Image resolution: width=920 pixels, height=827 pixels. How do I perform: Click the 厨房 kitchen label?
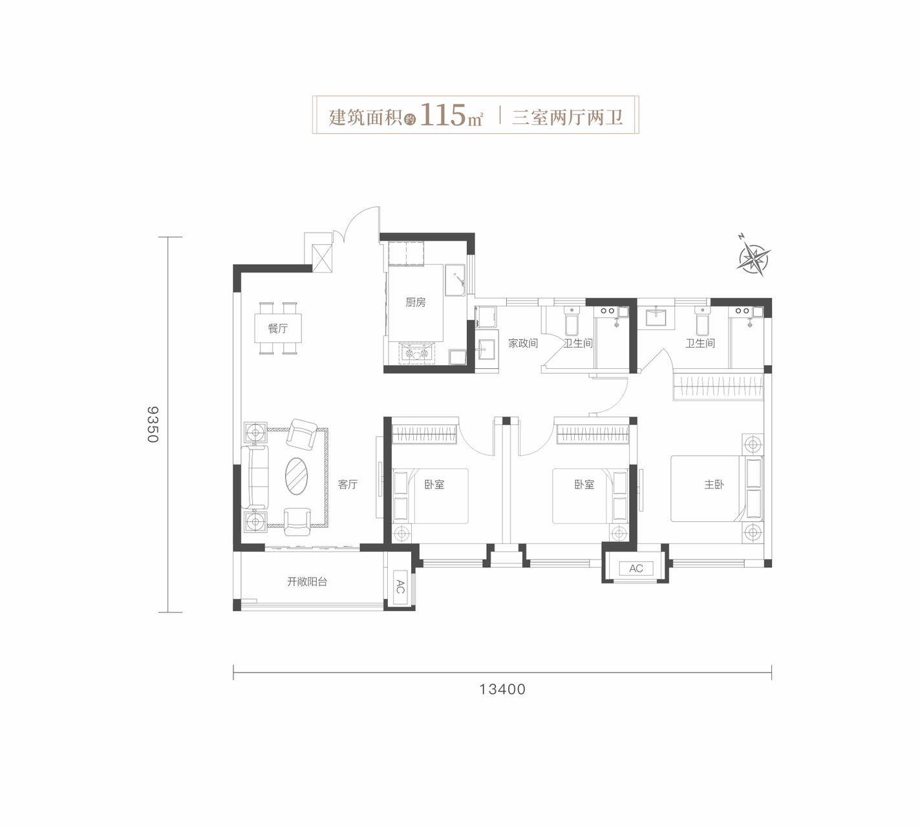click(415, 302)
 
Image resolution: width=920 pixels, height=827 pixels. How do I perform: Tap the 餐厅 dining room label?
click(278, 329)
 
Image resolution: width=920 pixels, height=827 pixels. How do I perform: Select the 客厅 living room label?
click(348, 484)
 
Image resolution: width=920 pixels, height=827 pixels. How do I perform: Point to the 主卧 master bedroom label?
click(714, 484)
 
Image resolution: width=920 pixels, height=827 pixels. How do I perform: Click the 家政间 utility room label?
click(523, 343)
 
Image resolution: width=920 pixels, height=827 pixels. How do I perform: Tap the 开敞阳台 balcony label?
click(307, 581)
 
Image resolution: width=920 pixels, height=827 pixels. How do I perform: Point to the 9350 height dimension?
click(153, 424)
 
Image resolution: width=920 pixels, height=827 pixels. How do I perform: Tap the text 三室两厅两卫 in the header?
click(567, 116)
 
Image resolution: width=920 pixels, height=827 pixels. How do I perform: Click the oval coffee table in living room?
click(297, 476)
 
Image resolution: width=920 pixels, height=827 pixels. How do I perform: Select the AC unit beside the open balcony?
click(400, 587)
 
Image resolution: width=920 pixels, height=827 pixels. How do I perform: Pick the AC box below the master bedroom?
click(636, 569)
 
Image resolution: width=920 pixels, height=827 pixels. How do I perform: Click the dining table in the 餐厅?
click(279, 328)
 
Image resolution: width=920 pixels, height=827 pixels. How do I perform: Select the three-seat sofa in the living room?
click(255, 476)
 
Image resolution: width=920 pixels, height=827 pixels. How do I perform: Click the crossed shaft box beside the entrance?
click(321, 258)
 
